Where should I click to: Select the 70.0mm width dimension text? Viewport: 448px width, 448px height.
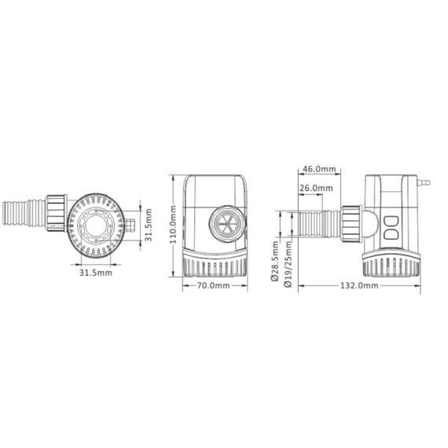(x=213, y=285)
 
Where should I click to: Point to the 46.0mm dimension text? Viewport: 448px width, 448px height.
(x=319, y=169)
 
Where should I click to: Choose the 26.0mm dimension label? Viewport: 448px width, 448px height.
(x=316, y=189)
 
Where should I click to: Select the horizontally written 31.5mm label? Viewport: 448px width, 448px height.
(x=95, y=273)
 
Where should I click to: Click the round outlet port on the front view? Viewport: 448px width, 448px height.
(x=225, y=224)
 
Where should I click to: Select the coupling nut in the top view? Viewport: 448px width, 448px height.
(x=57, y=213)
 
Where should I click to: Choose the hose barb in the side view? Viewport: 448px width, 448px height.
(x=318, y=225)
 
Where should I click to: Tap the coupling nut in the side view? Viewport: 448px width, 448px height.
(x=351, y=225)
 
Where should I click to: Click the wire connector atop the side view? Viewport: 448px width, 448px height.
(x=424, y=182)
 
